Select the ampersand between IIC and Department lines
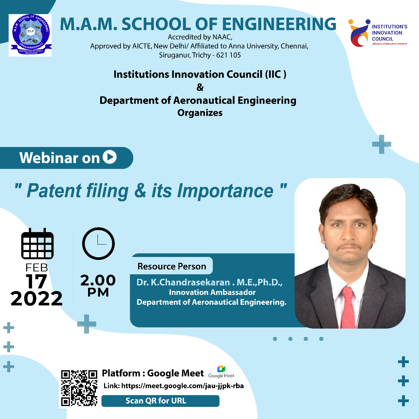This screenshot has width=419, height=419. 200,87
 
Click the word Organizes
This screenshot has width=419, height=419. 200,113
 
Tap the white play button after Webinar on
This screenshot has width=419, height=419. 110,157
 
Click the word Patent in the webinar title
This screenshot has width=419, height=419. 54,191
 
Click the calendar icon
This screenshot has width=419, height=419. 37,244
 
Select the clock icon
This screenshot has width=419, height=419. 98,244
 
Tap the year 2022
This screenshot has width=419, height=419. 37,298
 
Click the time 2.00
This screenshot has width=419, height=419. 98,280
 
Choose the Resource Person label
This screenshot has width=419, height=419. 172,266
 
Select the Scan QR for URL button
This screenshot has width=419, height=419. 160,401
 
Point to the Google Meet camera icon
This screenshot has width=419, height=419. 221,369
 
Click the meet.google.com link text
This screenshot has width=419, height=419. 182,386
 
